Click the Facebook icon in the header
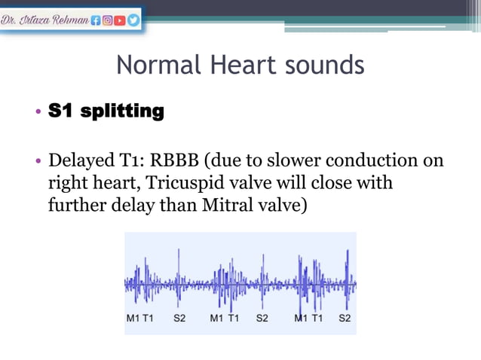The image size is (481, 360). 96,21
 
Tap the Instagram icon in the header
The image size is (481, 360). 108,21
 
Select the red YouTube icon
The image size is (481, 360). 121,21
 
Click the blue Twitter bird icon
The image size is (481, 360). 133,21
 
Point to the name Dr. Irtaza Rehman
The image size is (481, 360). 45,21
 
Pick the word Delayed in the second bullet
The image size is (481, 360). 78,161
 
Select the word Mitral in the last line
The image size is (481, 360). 238,203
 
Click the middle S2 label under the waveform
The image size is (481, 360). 262,319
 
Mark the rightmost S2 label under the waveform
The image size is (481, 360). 345,319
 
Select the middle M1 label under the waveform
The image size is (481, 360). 216,319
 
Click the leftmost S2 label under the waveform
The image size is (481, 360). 179,319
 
